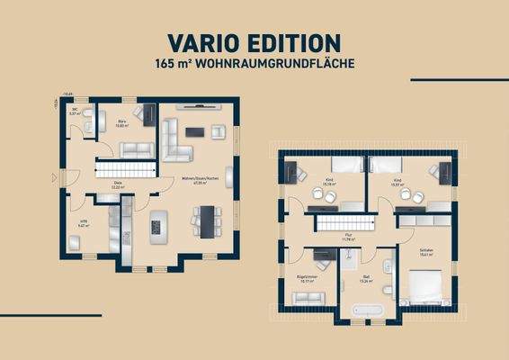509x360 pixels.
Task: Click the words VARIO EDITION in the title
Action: [x=254, y=42]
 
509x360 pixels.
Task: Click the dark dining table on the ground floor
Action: [x=209, y=217]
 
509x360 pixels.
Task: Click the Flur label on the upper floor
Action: [x=348, y=238]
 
